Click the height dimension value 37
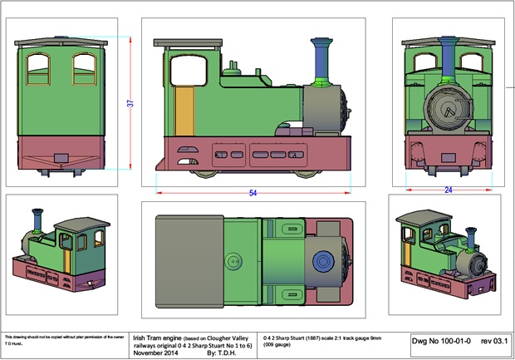tap(130, 103)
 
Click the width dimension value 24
tap(448, 190)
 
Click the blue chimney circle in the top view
tap(321, 262)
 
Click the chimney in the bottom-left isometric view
tap(37, 222)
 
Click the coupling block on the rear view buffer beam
tap(61, 156)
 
